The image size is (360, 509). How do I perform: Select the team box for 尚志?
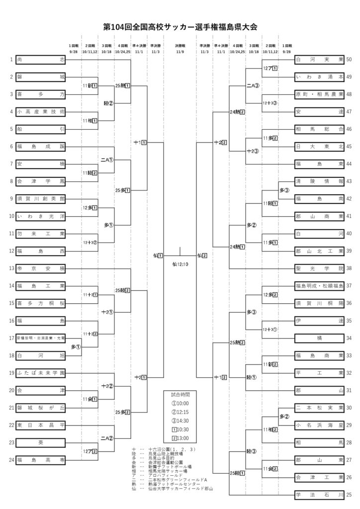pos(41,60)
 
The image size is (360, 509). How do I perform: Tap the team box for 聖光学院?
pos(319,268)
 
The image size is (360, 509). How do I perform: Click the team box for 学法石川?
pos(319,495)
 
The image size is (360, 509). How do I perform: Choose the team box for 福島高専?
pos(41,460)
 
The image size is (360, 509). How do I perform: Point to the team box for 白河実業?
pos(319,60)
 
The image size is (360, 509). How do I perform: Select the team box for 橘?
pos(319,338)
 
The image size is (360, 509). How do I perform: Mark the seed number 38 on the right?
pos(349,268)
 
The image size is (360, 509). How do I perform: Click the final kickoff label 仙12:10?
pos(180,264)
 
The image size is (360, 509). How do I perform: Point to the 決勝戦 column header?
pos(180,45)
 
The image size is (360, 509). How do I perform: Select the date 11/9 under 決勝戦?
pos(180,51)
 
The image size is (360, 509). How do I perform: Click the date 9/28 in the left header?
pos(74,51)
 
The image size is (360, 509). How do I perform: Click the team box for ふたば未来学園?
pos(41,373)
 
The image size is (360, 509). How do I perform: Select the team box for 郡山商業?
pos(319,216)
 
